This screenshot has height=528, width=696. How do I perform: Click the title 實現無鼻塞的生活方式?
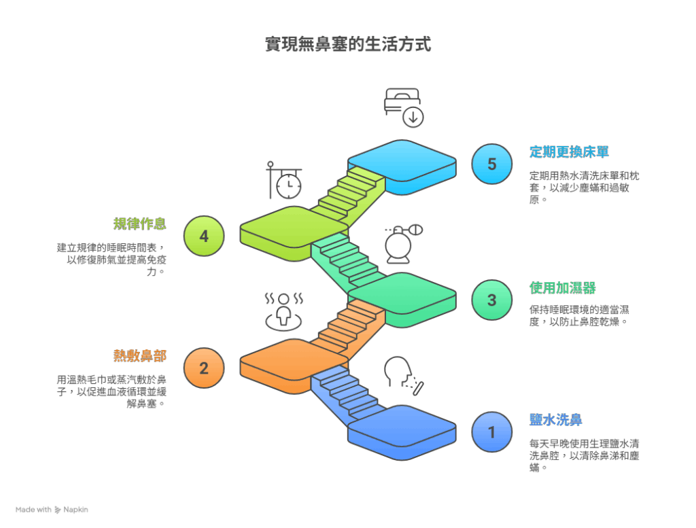(x=348, y=44)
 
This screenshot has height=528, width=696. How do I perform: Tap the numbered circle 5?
(x=492, y=164)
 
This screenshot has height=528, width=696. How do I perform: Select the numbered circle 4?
(x=204, y=236)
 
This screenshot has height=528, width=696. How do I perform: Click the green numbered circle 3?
(x=492, y=300)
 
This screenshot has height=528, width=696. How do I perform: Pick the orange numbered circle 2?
(x=204, y=368)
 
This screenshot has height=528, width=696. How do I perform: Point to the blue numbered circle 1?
(x=492, y=432)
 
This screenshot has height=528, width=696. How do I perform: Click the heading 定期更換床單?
(x=569, y=152)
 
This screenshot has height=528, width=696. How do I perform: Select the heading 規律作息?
(x=140, y=224)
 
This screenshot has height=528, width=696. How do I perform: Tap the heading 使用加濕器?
(x=562, y=288)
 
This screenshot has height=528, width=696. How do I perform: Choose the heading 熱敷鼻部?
(x=140, y=356)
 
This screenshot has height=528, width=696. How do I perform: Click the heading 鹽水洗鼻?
(x=556, y=420)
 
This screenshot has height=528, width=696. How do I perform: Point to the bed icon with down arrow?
(x=404, y=108)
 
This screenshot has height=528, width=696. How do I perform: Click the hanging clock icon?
(x=284, y=180)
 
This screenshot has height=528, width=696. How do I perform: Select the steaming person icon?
(x=284, y=311)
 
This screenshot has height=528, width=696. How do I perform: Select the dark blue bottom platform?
(x=402, y=433)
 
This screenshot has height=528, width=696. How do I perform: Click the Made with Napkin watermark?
(x=52, y=510)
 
